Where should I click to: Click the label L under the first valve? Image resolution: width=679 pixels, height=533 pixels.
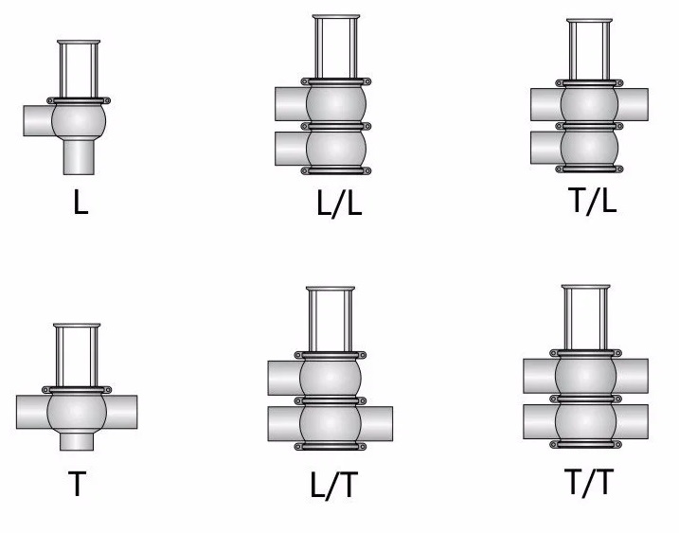tap(81, 203)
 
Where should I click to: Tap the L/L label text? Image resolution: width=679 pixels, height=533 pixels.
tap(339, 203)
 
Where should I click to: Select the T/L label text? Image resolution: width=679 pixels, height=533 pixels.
tap(594, 201)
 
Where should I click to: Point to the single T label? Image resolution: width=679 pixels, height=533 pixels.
tap(77, 484)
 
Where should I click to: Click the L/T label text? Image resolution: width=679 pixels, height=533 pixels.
tap(334, 485)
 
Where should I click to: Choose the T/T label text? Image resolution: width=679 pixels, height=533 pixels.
tap(589, 482)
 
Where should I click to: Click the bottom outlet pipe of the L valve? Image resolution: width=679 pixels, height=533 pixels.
tap(79, 157)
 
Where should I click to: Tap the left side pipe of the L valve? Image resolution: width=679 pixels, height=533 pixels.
tap(38, 120)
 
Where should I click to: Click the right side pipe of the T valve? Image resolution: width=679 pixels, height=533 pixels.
tap(121, 412)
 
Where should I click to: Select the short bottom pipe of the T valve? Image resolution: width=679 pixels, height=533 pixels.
tap(77, 441)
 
